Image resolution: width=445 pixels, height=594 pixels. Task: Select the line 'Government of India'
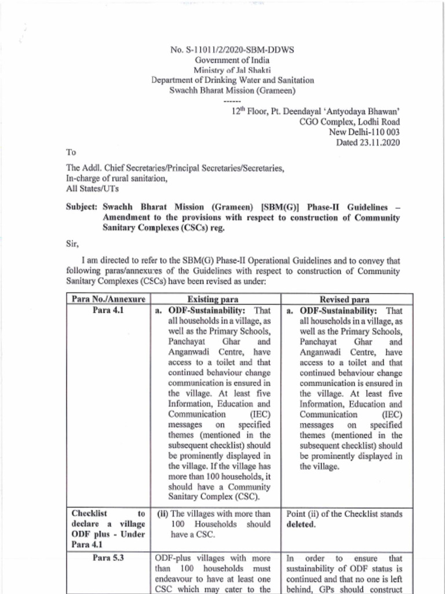pyautogui.click(x=232, y=60)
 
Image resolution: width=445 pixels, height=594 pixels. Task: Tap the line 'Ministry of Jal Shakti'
pyautogui.click(x=232, y=70)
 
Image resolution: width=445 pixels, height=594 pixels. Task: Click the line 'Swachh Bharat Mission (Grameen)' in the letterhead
pyautogui.click(x=232, y=90)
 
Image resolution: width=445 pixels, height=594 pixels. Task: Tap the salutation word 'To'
pyautogui.click(x=71, y=153)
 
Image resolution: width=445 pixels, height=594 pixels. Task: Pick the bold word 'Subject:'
pyautogui.click(x=82, y=207)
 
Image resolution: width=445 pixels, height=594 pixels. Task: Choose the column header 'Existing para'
pyautogui.click(x=216, y=300)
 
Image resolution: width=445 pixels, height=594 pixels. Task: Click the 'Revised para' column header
pyautogui.click(x=345, y=300)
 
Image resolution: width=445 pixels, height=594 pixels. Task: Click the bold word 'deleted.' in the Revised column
pyautogui.click(x=302, y=524)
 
